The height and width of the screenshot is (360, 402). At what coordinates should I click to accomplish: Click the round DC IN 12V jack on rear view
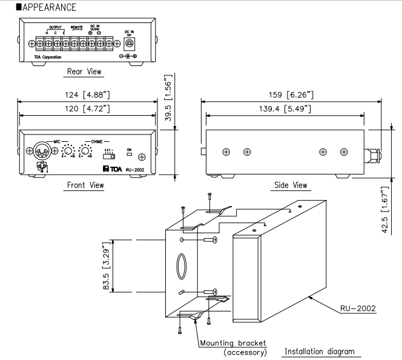coord(129,42)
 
